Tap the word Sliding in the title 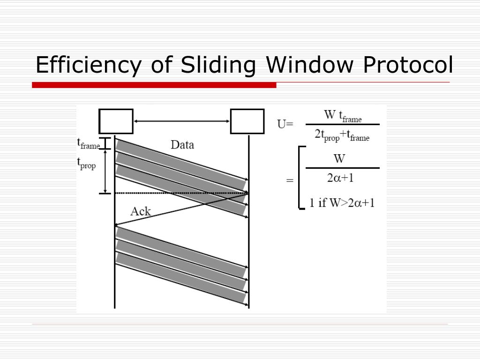click(x=211, y=65)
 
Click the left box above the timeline click(x=116, y=121)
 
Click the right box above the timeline click(x=247, y=121)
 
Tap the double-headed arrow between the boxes click(x=182, y=121)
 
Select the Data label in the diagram click(x=182, y=145)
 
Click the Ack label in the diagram click(x=141, y=211)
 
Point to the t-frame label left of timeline click(x=88, y=143)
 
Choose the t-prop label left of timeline click(x=86, y=163)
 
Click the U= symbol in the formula click(x=285, y=124)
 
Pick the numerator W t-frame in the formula click(x=343, y=116)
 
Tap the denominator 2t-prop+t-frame click(x=342, y=135)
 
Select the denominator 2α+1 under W click(x=340, y=179)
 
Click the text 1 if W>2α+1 click(x=342, y=203)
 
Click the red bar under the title click(x=154, y=85)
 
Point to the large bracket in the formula click(x=301, y=178)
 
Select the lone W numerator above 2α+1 click(x=339, y=158)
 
